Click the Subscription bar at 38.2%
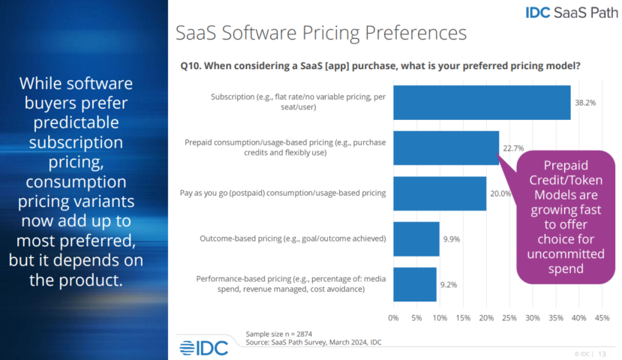(x=481, y=103)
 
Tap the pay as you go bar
(x=439, y=193)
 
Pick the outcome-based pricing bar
(x=416, y=238)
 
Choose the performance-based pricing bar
(x=414, y=284)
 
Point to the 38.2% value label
(x=585, y=103)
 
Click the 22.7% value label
(x=513, y=148)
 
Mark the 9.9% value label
(x=452, y=238)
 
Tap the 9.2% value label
(x=449, y=284)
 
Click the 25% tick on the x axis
(x=509, y=317)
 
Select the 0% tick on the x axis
(x=393, y=317)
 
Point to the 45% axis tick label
(x=601, y=317)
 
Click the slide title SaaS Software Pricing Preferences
(x=320, y=33)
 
